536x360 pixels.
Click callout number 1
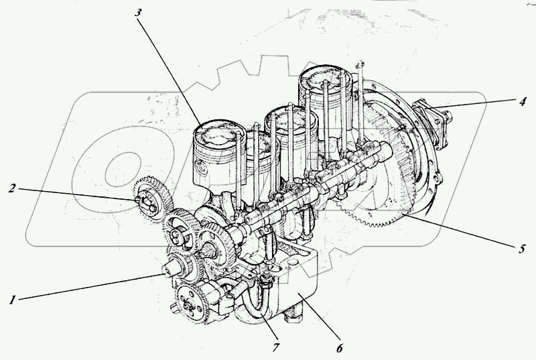click(x=12, y=301)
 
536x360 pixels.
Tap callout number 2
click(x=13, y=188)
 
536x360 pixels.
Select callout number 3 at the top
click(x=138, y=13)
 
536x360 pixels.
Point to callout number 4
click(x=523, y=101)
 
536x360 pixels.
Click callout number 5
click(x=521, y=249)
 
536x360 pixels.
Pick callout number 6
click(x=339, y=349)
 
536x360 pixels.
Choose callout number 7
click(x=275, y=347)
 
